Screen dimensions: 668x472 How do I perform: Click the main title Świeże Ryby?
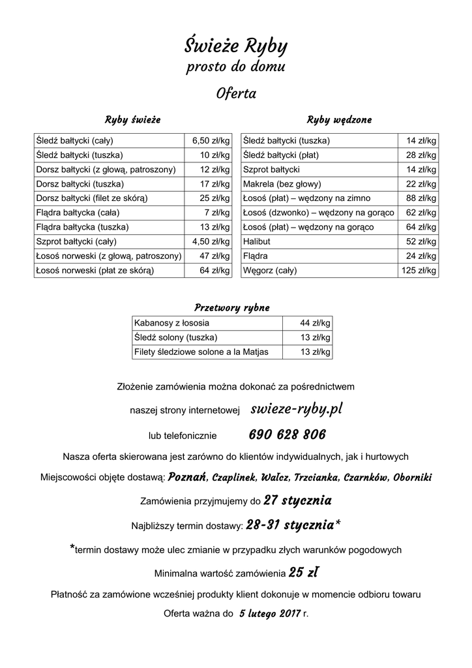235,46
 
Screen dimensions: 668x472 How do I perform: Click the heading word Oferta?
235,94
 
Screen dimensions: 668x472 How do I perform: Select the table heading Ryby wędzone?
339,120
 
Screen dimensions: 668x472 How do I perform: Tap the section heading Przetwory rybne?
231,308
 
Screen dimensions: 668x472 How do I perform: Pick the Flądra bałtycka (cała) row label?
78,213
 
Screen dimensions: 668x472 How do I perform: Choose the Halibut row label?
257,241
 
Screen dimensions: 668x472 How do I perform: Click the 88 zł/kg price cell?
421,198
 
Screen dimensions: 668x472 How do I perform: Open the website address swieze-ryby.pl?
297,409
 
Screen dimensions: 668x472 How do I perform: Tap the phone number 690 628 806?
288,434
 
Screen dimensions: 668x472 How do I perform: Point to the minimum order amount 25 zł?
304,573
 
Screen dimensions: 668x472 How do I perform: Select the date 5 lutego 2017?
269,614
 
